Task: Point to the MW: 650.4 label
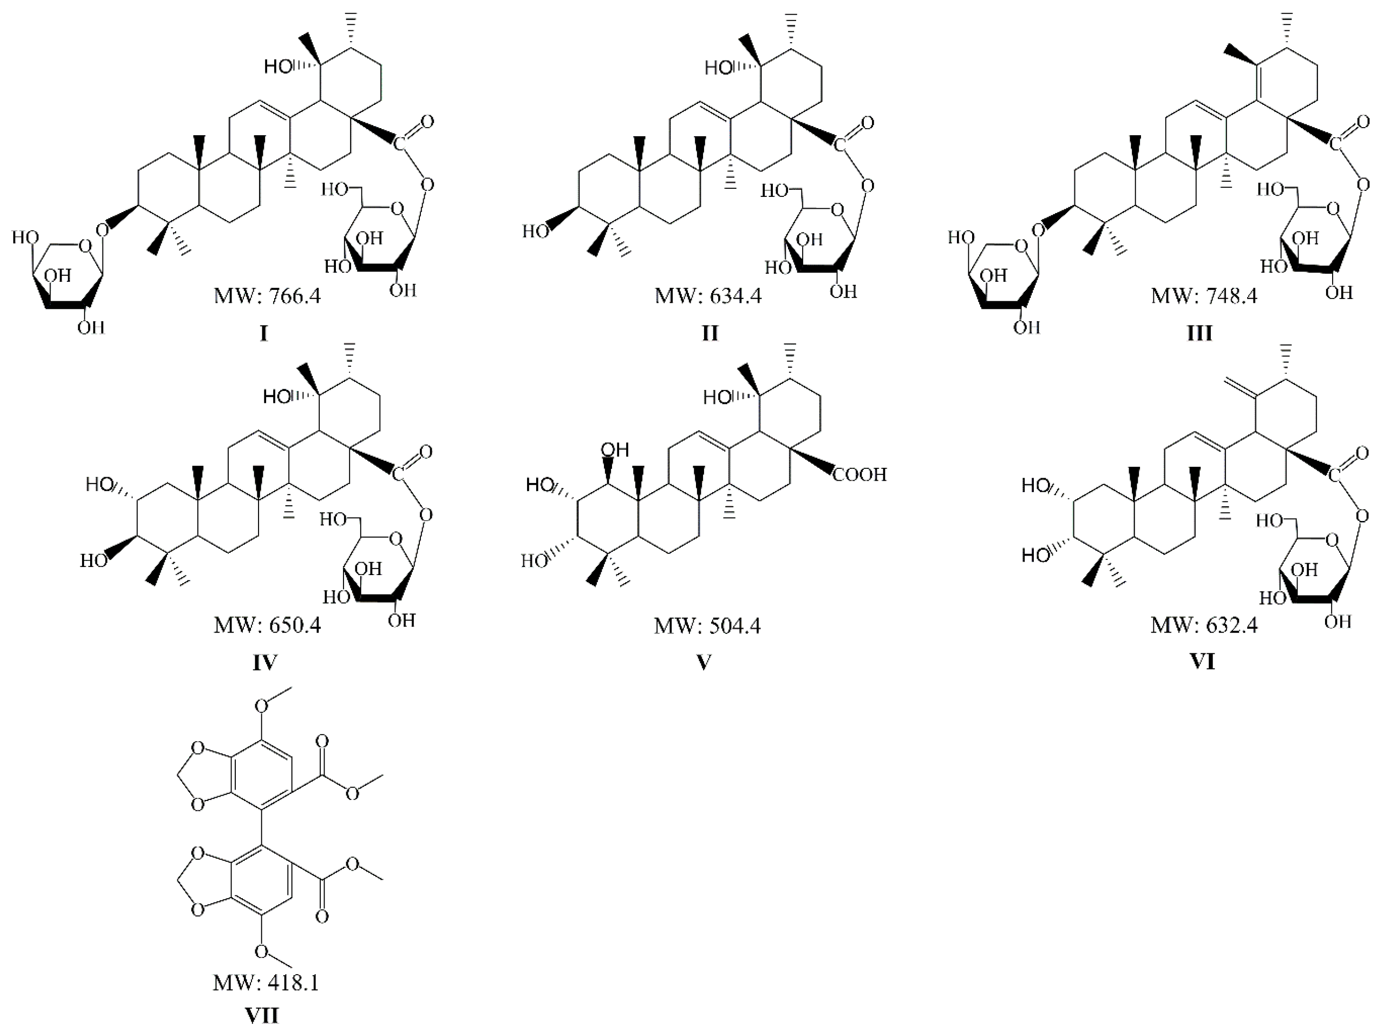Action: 267,625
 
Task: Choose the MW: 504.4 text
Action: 707,625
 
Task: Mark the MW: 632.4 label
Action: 1204,625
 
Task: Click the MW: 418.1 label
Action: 266,983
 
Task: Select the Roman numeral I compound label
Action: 263,334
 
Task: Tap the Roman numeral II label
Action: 709,334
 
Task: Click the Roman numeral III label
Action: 1199,334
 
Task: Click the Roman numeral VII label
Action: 262,1016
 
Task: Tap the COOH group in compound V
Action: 860,475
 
